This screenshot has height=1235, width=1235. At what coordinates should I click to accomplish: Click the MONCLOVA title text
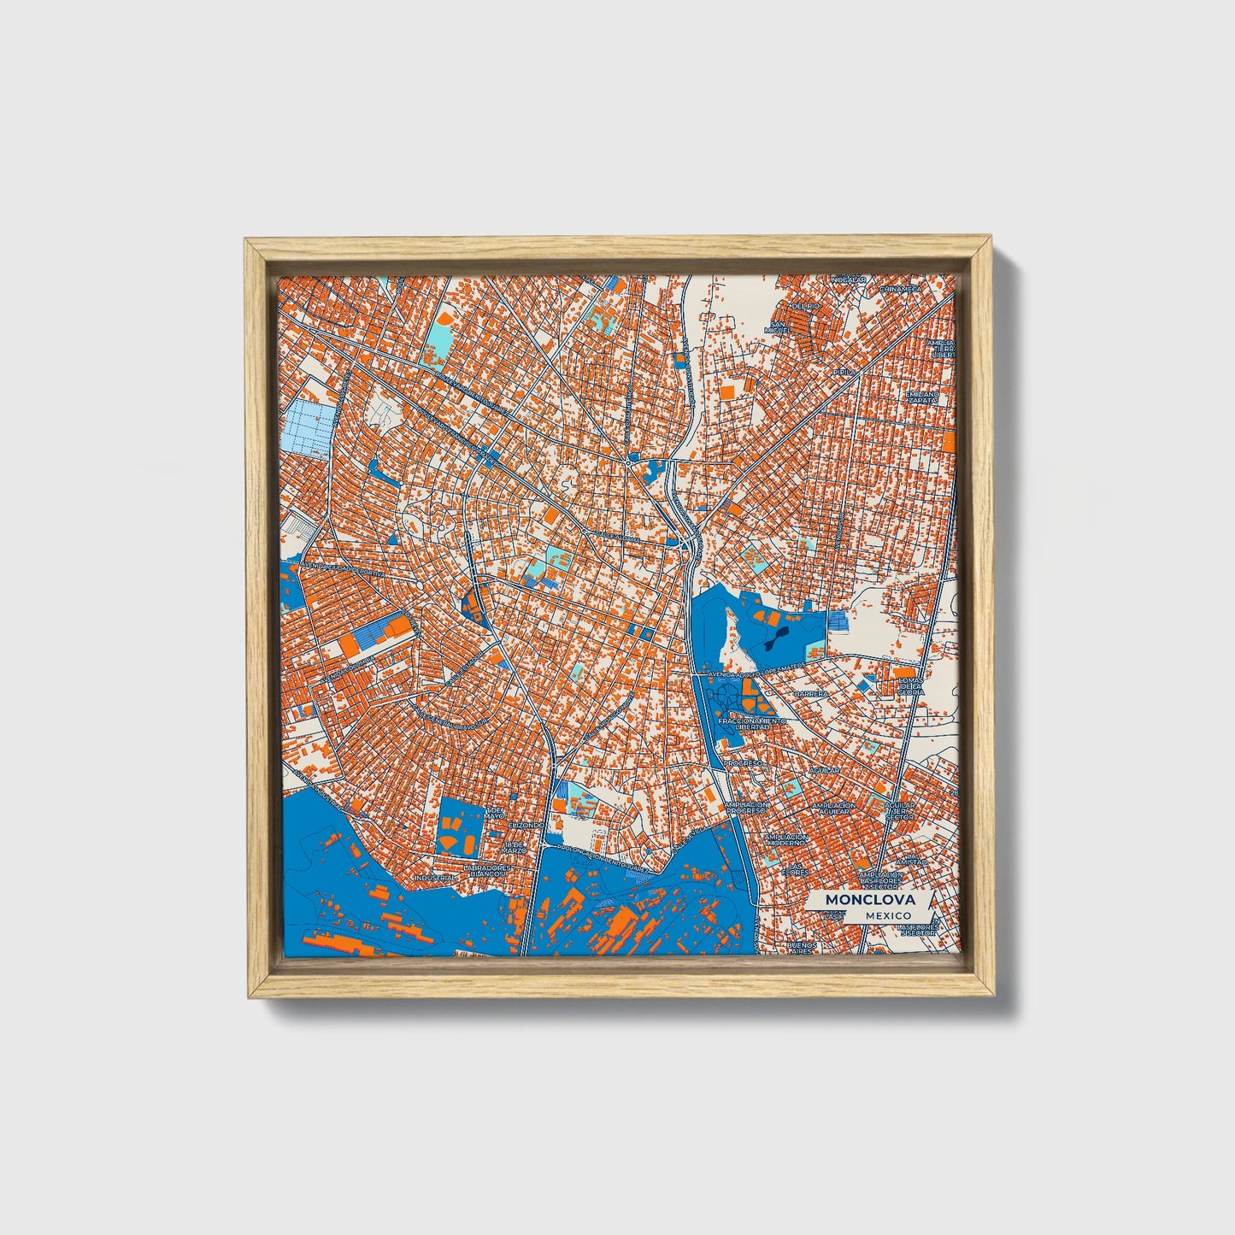[870, 900]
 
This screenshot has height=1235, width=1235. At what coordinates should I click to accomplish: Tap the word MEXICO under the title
[887, 915]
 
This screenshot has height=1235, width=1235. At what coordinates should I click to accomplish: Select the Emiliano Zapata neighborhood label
[924, 397]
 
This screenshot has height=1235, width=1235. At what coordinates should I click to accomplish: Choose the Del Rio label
[805, 305]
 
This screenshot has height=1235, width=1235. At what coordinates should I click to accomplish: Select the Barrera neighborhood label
[810, 695]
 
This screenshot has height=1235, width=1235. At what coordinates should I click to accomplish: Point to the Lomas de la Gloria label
[911, 684]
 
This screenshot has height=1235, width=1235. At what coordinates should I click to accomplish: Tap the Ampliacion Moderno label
[786, 840]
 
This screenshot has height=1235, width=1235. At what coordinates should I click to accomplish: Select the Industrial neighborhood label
[434, 878]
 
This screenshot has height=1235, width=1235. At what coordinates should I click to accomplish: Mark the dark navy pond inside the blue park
[775, 639]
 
